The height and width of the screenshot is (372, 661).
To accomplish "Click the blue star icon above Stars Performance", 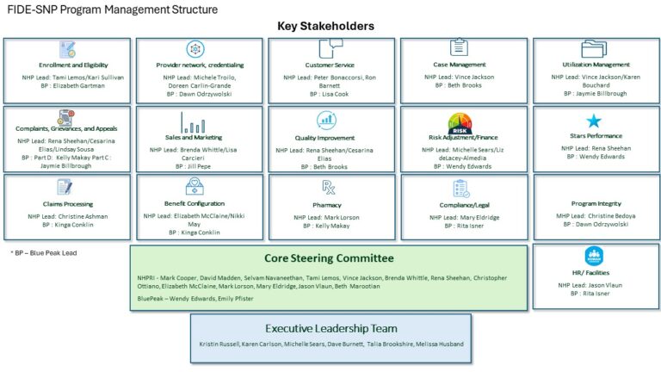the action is pos(594,121).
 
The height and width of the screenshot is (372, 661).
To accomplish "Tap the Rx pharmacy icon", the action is pos(328,187).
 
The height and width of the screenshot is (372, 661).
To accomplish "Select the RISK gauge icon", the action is pos(460,124).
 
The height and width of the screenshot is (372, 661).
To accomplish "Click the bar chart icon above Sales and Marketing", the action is pos(193,123).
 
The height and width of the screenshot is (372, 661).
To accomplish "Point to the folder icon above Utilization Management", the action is pos(594,49).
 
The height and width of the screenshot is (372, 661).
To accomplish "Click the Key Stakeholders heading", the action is pos(325,26).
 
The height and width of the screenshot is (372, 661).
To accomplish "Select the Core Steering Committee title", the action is pos(329,258).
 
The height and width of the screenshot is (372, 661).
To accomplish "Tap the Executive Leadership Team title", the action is pos(330,328).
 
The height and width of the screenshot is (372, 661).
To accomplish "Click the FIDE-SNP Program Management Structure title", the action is pos(113,9).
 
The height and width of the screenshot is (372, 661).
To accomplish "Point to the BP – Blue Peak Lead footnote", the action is pos(44,253).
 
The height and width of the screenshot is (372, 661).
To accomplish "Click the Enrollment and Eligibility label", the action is pos(73,65).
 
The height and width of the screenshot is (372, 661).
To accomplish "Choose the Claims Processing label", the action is pos(68,204).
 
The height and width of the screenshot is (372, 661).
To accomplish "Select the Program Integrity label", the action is pos(596,204).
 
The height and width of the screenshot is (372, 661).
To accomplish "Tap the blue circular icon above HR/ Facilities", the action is pos(594,256).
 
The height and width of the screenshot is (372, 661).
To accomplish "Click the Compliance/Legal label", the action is pos(464,205).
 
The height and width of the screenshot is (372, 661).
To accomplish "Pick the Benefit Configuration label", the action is pos(195,203).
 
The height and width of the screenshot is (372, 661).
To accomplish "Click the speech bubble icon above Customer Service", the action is pos(330,48).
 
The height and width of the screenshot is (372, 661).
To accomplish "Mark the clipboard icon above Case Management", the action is pos(459,46).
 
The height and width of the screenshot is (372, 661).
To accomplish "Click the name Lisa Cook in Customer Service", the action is pos(336,94).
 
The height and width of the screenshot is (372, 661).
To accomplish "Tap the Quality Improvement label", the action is pos(324,138).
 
